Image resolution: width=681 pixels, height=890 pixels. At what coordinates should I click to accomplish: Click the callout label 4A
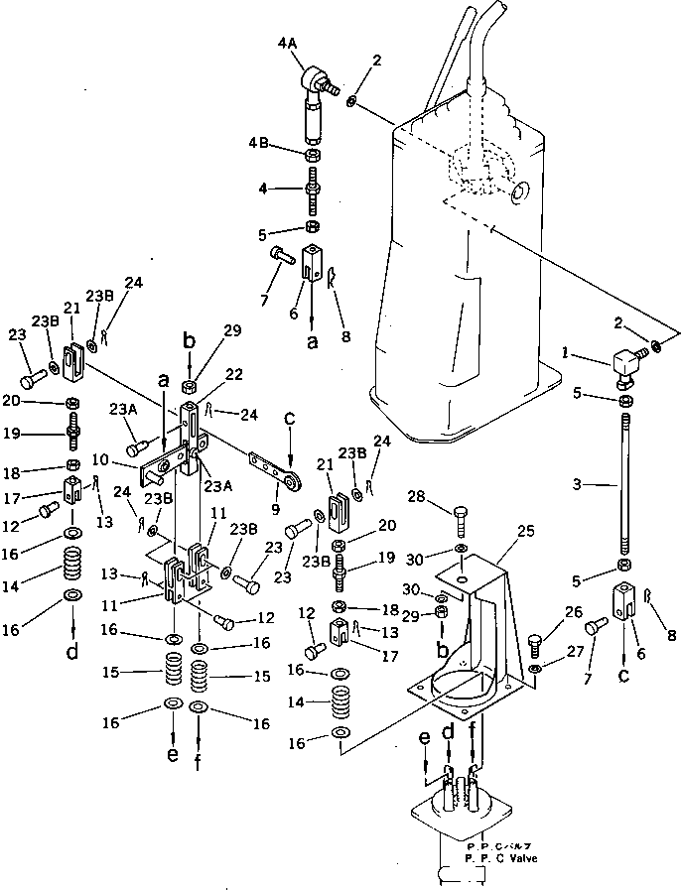point(288,44)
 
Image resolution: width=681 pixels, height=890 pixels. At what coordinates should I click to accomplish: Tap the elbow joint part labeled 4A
point(316,84)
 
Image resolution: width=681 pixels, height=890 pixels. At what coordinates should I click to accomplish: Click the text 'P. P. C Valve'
point(500,858)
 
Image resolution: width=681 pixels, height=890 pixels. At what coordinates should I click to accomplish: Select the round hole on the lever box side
point(515,193)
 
